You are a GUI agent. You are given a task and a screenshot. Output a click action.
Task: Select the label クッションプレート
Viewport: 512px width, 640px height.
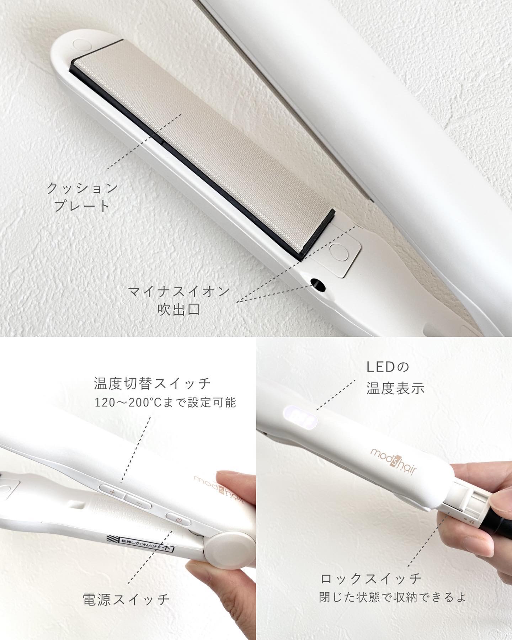tap(82, 197)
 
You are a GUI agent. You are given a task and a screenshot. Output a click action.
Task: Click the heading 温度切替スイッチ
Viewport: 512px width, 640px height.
tap(153, 384)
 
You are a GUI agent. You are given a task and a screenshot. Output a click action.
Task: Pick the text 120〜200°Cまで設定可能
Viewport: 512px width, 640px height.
tap(165, 402)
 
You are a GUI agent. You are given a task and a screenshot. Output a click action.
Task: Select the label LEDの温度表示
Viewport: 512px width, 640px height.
tap(395, 378)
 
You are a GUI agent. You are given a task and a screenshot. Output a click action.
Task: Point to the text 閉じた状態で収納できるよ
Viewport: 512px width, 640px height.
tap(392, 597)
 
